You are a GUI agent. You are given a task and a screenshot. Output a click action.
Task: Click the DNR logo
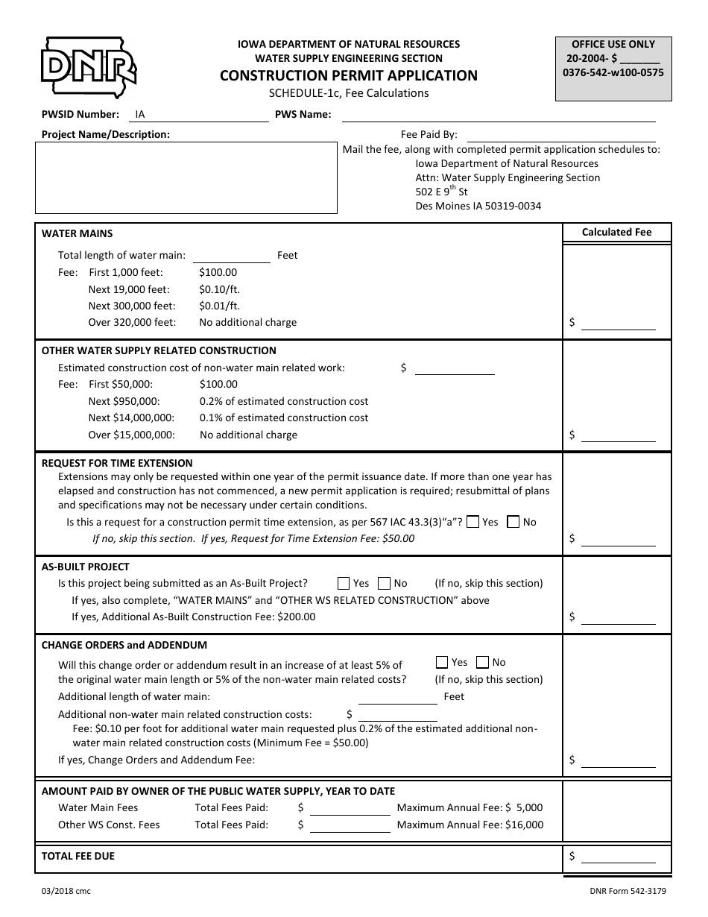point(88,68)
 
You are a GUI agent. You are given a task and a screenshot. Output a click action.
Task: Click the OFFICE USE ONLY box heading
point(613,44)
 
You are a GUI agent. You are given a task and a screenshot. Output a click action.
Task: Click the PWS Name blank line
point(498,115)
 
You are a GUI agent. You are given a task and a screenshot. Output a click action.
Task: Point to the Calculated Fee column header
point(616,232)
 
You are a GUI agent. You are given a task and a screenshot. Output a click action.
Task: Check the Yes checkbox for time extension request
point(472,522)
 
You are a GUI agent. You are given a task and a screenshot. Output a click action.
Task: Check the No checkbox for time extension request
point(513,522)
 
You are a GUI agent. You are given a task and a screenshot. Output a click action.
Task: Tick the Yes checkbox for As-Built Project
point(344,583)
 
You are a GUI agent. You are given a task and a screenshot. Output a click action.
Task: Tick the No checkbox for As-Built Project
point(384,583)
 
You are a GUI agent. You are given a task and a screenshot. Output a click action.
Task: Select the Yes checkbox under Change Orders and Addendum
point(442,662)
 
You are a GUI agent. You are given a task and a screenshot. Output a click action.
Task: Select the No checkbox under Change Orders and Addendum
point(482,662)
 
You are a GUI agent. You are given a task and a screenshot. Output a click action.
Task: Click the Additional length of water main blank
point(397,697)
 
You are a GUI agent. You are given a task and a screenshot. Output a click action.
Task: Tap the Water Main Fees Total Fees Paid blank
point(350,808)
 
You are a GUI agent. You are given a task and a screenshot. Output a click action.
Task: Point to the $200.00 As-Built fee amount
point(296,617)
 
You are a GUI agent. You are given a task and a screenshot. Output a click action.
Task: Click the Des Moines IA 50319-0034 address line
point(478,206)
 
